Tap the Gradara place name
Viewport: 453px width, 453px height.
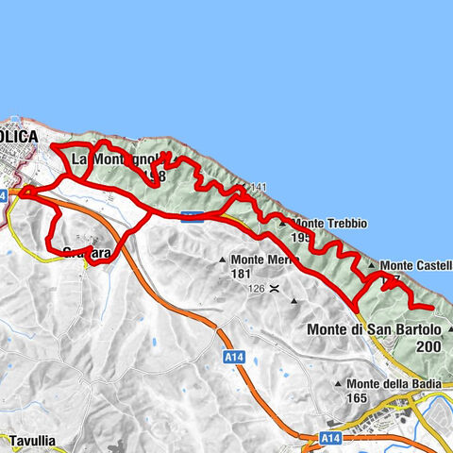pos(87,252)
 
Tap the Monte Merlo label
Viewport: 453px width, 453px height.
pos(260,260)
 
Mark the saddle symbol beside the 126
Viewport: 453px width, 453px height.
pos(274,289)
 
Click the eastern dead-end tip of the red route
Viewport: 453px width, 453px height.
pos(431,308)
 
